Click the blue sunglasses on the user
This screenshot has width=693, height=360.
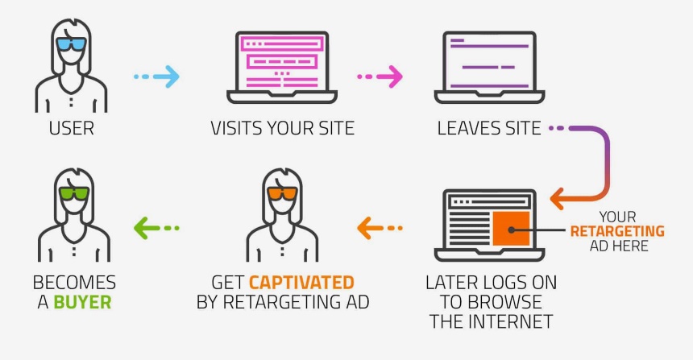click(71, 43)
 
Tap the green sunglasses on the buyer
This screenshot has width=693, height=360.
click(74, 193)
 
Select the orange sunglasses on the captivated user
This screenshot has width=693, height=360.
click(282, 193)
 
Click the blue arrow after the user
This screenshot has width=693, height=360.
click(156, 77)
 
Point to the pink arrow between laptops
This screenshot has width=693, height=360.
click(380, 77)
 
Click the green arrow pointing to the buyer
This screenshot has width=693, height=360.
click(156, 228)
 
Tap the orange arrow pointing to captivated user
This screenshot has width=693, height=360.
click(380, 228)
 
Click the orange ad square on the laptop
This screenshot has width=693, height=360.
click(511, 229)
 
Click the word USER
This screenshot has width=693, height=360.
click(71, 129)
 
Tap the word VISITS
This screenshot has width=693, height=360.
click(234, 129)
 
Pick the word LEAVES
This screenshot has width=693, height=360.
click(467, 129)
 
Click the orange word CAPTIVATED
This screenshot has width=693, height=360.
click(301, 283)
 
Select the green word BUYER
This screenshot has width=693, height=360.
click(82, 302)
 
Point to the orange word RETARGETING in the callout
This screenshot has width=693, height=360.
click(617, 231)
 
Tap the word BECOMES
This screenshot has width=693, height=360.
click(74, 283)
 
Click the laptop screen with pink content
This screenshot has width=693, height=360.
click(282, 61)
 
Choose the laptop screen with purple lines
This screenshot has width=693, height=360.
click(489, 61)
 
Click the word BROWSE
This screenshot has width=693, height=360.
click(505, 302)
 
